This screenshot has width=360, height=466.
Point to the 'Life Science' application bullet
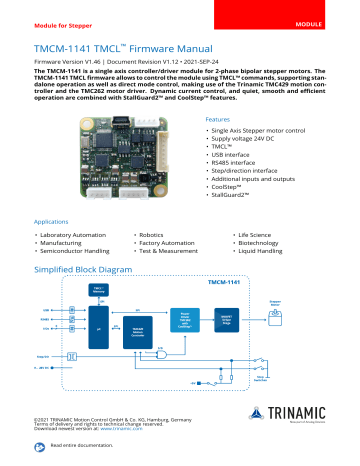[x=255, y=233]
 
